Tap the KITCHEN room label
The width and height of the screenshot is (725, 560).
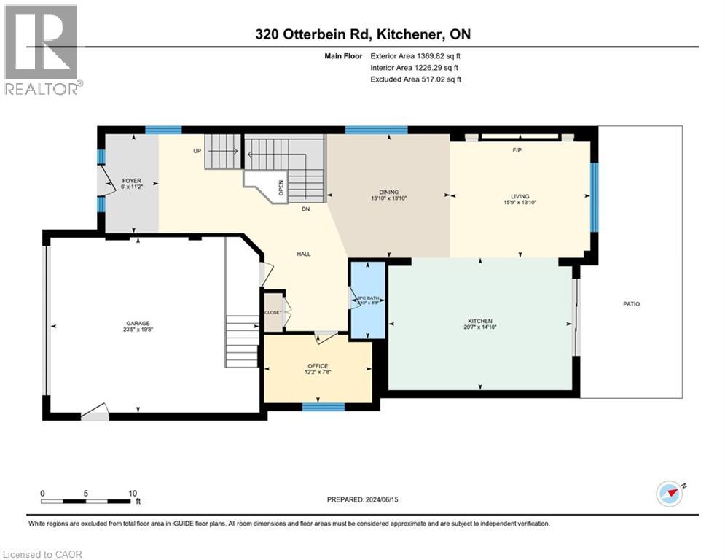(480, 321)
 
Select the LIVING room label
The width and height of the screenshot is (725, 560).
(520, 196)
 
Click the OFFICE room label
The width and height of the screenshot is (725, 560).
(318, 366)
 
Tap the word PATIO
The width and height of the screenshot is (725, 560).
(631, 303)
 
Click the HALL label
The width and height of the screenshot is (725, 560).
(303, 254)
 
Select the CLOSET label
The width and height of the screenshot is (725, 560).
(273, 311)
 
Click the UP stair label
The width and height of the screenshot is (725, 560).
(197, 152)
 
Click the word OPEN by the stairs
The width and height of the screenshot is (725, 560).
(281, 188)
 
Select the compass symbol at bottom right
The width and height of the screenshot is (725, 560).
(670, 494)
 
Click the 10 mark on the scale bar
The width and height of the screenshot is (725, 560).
(133, 493)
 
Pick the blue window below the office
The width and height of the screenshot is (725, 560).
(324, 407)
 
